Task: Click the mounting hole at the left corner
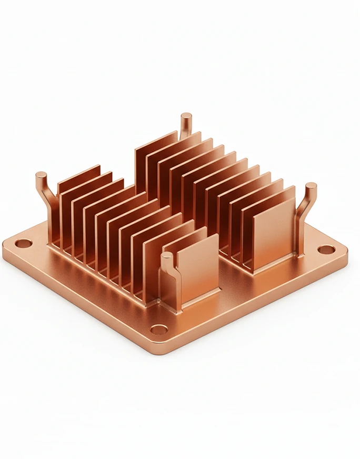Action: (x=23, y=243)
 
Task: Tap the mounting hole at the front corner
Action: (x=159, y=330)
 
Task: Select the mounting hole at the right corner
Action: (x=327, y=250)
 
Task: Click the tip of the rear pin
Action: (x=186, y=116)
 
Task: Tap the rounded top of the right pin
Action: (x=311, y=187)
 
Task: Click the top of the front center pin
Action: (x=167, y=256)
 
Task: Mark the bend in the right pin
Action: (x=304, y=211)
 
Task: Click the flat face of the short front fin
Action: (x=197, y=268)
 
